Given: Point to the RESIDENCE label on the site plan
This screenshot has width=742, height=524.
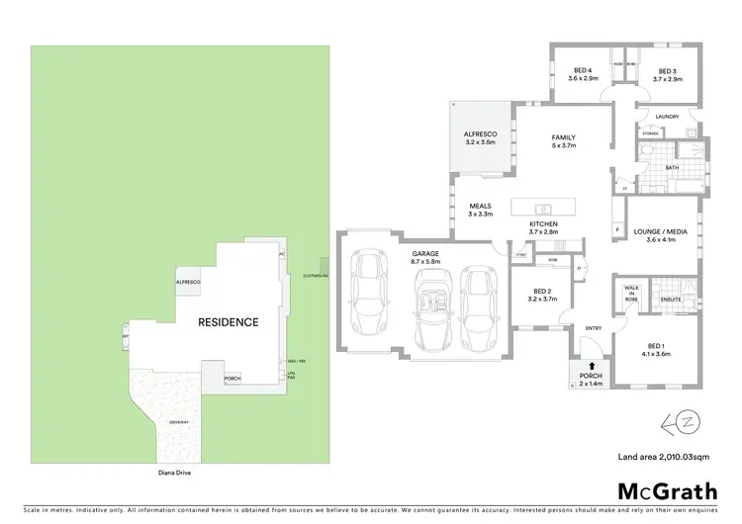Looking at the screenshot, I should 229,322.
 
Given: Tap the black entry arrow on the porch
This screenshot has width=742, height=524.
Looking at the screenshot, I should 591,367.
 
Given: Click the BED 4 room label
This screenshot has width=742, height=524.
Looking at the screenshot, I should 583,74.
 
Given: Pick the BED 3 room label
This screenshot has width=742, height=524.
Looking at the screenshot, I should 669,74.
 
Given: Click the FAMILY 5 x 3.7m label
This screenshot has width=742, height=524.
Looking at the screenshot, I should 564,142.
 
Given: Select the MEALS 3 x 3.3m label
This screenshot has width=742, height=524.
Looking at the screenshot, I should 480,211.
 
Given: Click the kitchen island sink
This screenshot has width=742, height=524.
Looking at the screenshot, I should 543,209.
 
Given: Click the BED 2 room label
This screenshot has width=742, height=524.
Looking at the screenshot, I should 539,295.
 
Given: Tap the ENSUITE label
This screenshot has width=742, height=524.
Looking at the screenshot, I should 670,299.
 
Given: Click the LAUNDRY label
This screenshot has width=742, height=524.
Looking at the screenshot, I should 667,117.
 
